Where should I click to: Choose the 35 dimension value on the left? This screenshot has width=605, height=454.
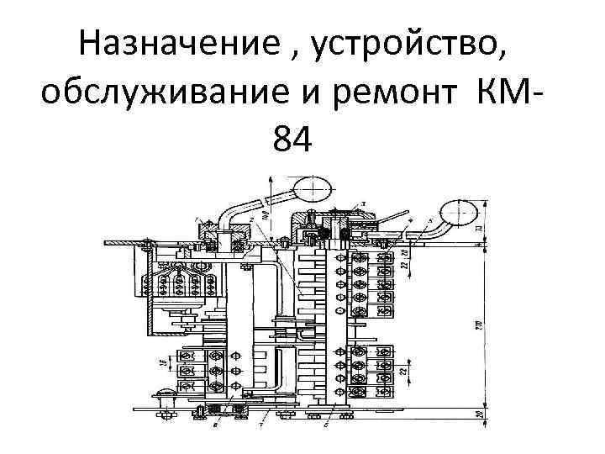pos(160,363)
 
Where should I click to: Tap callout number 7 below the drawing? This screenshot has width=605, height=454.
pos(261,425)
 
